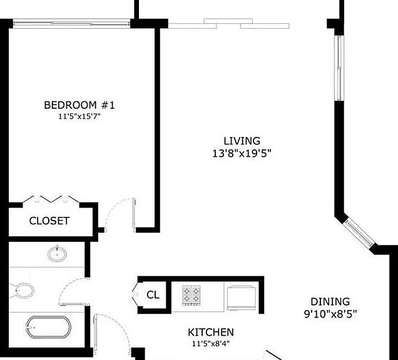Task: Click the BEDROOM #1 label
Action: [79, 105]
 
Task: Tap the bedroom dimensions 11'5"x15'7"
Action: [79, 117]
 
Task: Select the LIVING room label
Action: [242, 141]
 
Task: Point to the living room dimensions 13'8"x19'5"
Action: [242, 153]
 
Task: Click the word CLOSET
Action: [49, 221]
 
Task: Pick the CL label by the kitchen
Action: [153, 295]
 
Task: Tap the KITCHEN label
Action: [211, 332]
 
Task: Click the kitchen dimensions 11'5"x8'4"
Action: [211, 344]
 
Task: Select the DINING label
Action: [330, 302]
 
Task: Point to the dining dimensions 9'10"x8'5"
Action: [330, 314]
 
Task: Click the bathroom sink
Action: [58, 254]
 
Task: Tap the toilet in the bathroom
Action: [22, 291]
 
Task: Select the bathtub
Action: [48, 327]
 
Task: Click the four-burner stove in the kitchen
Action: [191, 296]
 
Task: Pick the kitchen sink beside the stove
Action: [241, 298]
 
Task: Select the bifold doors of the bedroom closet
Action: [51, 199]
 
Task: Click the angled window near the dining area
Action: [359, 233]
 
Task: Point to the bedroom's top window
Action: [71, 24]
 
